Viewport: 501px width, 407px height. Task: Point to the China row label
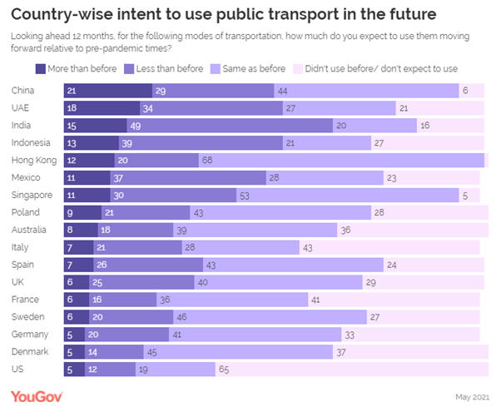point(23,90)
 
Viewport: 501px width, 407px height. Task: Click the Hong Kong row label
point(33,161)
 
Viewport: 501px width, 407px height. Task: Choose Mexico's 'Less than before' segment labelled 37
point(188,176)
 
